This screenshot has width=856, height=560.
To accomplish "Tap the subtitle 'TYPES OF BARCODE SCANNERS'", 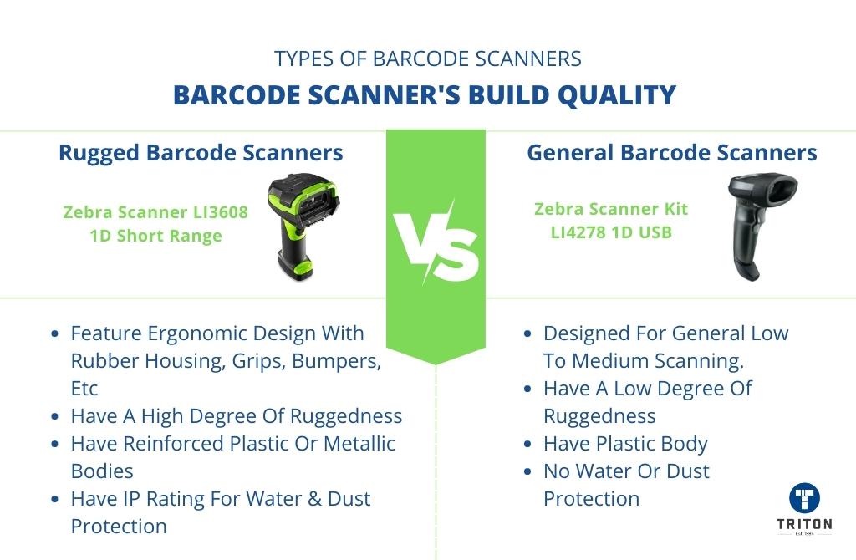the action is pyautogui.click(x=428, y=59).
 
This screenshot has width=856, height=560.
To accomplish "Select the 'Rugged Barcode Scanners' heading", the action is pyautogui.click(x=201, y=153).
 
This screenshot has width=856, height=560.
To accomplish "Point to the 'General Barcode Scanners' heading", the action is pyautogui.click(x=671, y=153).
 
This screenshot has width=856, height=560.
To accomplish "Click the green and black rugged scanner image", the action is pyautogui.click(x=303, y=226).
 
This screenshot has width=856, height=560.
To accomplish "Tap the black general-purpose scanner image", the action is pyautogui.click(x=762, y=227).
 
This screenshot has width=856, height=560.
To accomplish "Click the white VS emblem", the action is pyautogui.click(x=436, y=243).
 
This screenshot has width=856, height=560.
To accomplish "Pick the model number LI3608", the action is pyautogui.click(x=221, y=211).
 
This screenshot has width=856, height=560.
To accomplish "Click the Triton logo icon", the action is pyautogui.click(x=805, y=498).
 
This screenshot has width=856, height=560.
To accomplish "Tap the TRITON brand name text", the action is pyautogui.click(x=805, y=524).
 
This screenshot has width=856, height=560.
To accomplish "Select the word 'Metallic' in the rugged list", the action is pyautogui.click(x=359, y=444).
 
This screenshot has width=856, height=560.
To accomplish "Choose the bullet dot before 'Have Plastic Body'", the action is pyautogui.click(x=527, y=445).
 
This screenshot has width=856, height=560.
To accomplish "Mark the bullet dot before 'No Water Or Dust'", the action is pyautogui.click(x=527, y=471).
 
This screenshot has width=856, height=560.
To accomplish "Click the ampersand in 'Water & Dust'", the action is pyautogui.click(x=314, y=499).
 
